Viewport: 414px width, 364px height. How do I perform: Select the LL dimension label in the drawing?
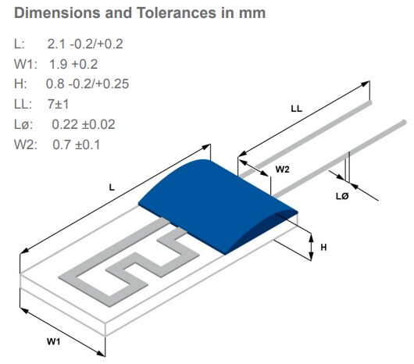296,109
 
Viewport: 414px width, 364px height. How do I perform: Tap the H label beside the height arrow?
323,247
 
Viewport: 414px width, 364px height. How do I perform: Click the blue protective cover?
219,203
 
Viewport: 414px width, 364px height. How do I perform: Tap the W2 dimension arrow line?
254,171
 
